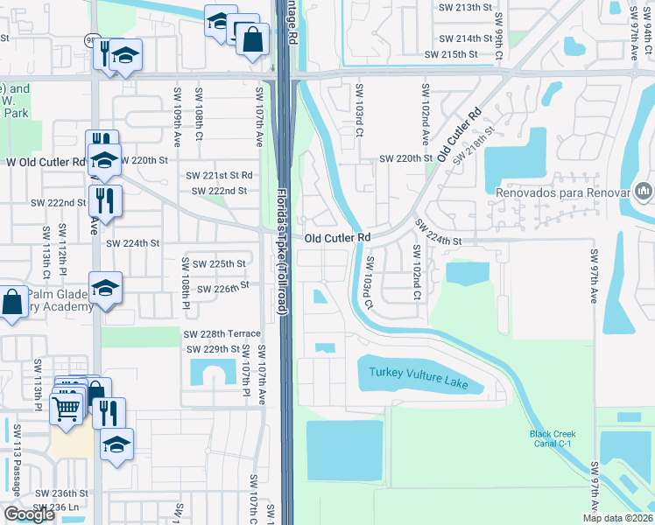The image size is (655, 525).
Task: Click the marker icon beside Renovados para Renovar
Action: (644, 191)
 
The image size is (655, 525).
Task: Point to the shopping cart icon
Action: (67, 408)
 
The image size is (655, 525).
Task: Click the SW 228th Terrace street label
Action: (222, 334)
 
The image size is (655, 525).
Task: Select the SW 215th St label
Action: (453, 54)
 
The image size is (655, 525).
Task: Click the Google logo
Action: (29, 514)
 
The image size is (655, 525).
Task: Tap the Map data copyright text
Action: (617, 518)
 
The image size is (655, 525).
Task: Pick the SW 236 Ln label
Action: (55, 507)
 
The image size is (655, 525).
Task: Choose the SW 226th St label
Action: (223, 287)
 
